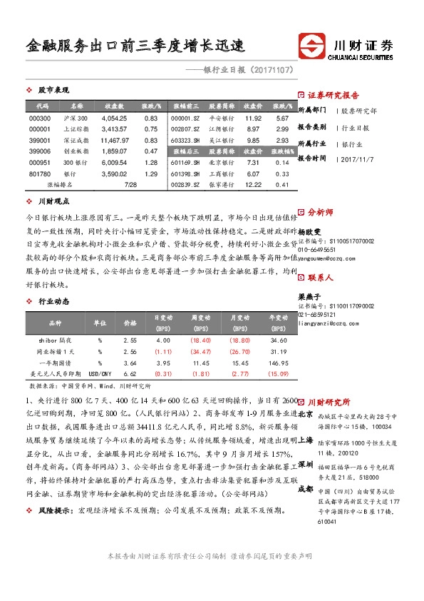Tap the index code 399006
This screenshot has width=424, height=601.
coord(40,151)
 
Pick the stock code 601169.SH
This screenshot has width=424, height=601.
coord(186,163)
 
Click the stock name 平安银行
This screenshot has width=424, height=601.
coord(222,117)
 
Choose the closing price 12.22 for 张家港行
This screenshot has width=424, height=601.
coord(253,185)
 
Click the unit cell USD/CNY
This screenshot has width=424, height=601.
coord(97,373)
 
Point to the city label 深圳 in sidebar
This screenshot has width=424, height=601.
coord(304,464)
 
